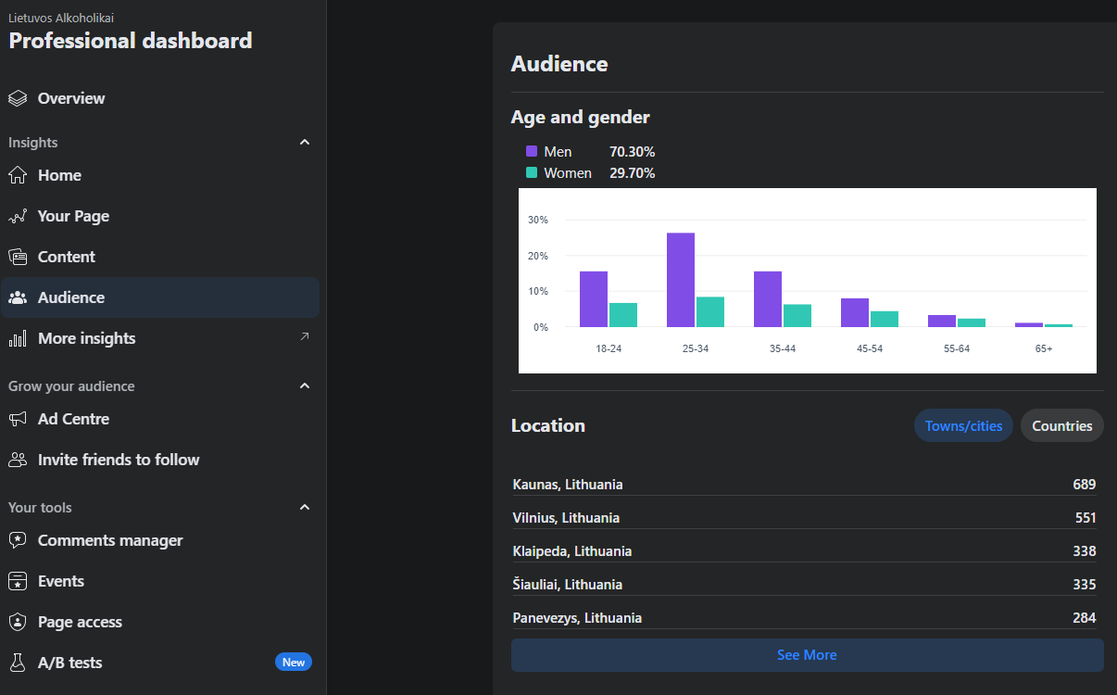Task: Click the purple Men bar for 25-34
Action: (x=680, y=280)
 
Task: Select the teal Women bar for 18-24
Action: (x=622, y=315)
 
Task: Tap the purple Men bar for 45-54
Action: (x=855, y=313)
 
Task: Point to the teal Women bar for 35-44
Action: (x=797, y=316)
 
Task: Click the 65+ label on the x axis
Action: (x=1044, y=348)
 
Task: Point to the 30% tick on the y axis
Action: (x=537, y=220)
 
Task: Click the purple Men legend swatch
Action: (x=532, y=151)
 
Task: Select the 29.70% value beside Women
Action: (x=632, y=173)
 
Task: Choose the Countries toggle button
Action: (x=1061, y=425)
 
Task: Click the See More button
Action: (x=807, y=655)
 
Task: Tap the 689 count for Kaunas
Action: (x=1084, y=485)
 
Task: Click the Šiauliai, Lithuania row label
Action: (x=568, y=584)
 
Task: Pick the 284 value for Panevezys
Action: (x=1084, y=618)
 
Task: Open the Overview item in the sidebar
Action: (x=71, y=98)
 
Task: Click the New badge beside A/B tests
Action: (x=294, y=662)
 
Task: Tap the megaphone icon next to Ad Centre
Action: (x=18, y=419)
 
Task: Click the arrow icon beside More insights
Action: (x=305, y=336)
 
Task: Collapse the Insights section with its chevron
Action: (x=305, y=142)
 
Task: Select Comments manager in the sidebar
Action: (x=110, y=540)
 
